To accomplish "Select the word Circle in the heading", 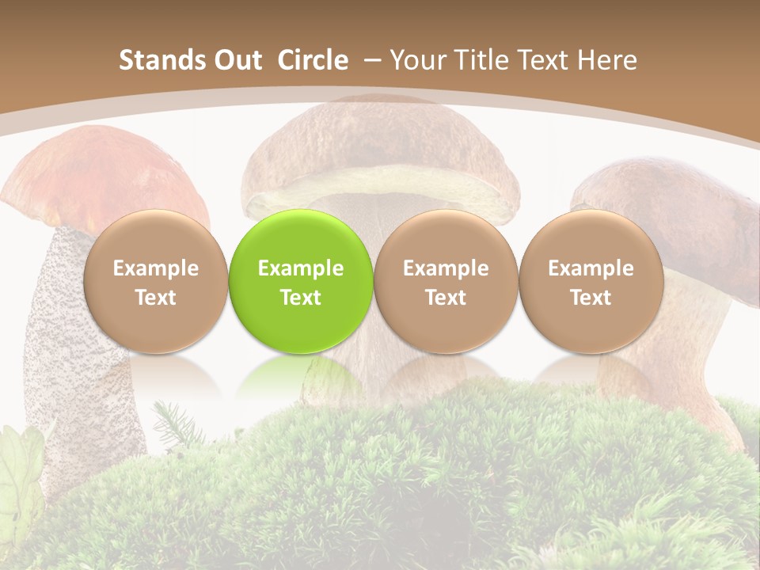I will [313, 60].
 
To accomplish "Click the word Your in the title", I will [415, 60].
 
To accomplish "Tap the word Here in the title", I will [607, 60].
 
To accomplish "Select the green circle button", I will [300, 282].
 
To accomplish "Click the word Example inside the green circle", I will [300, 268].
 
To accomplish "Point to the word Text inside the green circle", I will [300, 298].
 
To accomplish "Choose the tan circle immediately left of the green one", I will [155, 282].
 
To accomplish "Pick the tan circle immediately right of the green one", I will [446, 282].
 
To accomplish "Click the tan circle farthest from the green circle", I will [591, 282].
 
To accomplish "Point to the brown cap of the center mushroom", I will [380, 135].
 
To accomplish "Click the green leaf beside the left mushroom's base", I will [20, 467].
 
